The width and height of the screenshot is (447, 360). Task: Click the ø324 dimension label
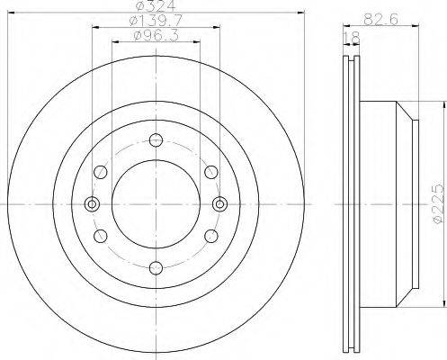coord(156,5)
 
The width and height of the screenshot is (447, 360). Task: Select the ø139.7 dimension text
coord(156,21)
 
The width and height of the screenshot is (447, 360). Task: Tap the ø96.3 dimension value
coord(156,36)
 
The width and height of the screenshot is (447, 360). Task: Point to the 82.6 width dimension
coord(380,20)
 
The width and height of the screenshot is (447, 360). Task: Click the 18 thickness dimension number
coord(352,38)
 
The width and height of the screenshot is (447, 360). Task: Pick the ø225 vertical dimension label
coord(438,203)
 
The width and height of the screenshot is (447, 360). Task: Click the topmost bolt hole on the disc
coord(156,140)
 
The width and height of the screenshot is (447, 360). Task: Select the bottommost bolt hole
coord(156,268)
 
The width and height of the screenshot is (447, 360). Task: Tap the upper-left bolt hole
coord(101,172)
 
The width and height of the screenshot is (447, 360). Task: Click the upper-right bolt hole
coord(211,172)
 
